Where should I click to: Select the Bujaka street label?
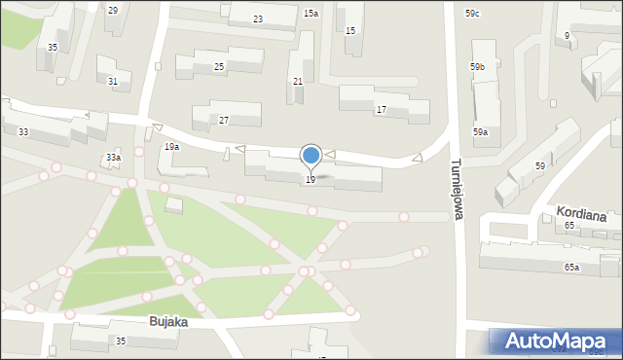pos(167,320)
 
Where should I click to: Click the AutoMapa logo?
pos(554,341)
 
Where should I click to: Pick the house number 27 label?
pos(224,120)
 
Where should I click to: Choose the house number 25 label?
pos(219,66)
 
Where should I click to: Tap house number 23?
pos(258,19)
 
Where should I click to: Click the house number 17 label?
pos(381,110)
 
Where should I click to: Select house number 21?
pos(298,81)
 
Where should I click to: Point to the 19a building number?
pos(171,147)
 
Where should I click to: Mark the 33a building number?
pos(113,157)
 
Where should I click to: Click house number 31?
pos(113,82)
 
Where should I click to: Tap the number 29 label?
pos(113,10)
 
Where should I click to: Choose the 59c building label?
pos(472,13)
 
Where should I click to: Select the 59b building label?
pos(477,66)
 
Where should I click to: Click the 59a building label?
pos(481,131)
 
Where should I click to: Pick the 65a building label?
pos(571,267)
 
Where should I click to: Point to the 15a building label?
pos(311,14)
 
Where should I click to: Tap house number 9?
pos(567,36)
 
